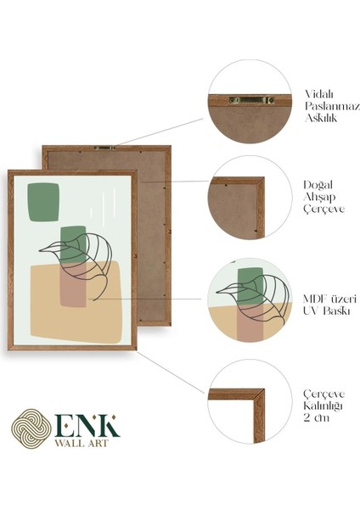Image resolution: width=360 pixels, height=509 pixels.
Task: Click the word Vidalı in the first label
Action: click(x=319, y=94)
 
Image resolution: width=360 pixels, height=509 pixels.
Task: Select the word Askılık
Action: click(x=321, y=120)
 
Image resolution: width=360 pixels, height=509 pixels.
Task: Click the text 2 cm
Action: click(x=316, y=417)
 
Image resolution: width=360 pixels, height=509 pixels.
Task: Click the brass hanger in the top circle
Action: click(x=252, y=100)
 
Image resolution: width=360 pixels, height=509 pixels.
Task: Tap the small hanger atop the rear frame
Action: click(x=106, y=148)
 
